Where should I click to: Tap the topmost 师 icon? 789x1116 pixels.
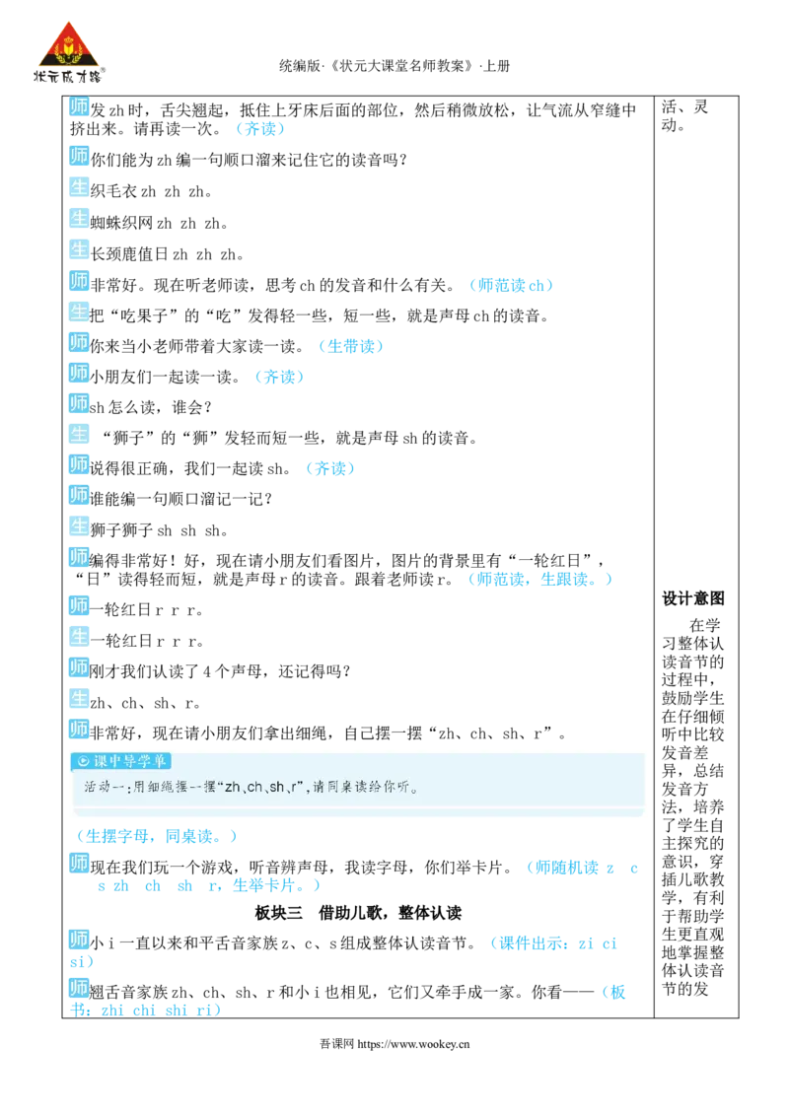[79, 107]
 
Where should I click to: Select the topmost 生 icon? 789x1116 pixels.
[79, 186]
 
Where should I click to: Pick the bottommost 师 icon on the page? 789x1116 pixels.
[79, 987]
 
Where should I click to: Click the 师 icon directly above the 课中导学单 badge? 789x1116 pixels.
[79, 730]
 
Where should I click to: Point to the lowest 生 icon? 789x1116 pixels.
[79, 698]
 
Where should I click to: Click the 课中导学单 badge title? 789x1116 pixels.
[130, 761]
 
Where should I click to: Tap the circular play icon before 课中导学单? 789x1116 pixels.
[83, 761]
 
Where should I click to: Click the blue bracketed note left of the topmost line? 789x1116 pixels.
[260, 130]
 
